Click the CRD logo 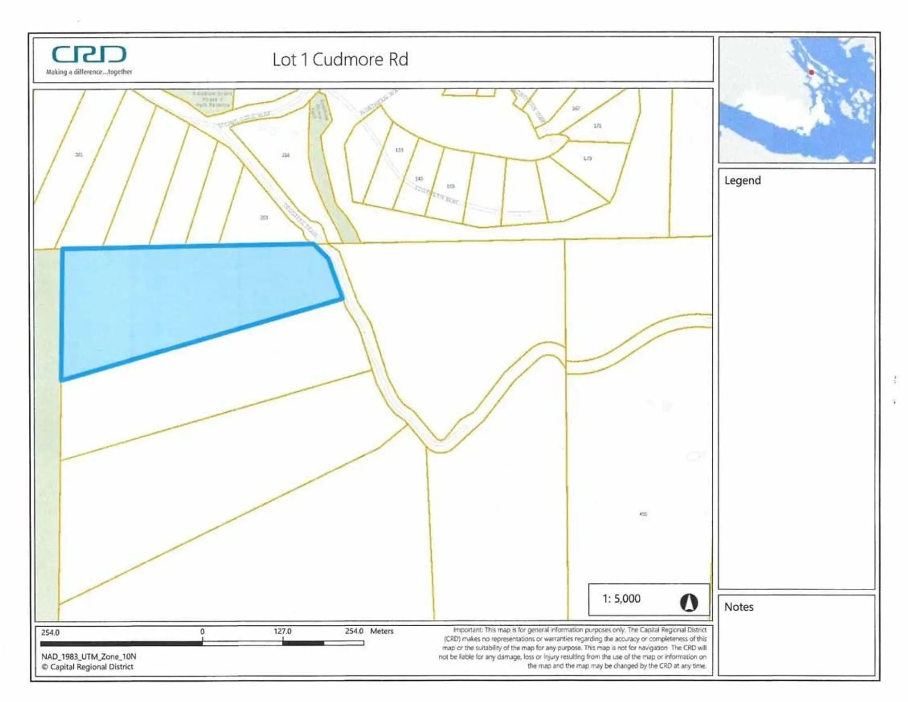(89, 54)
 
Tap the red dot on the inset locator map (811, 72)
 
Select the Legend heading (742, 180)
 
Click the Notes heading (739, 607)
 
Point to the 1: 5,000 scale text (621, 599)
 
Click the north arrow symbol (689, 603)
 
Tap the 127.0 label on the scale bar (282, 631)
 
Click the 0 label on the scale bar (202, 631)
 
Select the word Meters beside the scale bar (382, 631)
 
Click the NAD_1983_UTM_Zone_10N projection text (88, 657)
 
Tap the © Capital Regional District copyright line (87, 667)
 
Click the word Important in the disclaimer (467, 630)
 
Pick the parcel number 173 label (587, 159)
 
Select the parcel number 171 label (598, 126)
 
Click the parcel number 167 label (576, 108)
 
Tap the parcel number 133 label (399, 150)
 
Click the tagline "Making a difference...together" (89, 72)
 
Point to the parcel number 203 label (264, 218)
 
